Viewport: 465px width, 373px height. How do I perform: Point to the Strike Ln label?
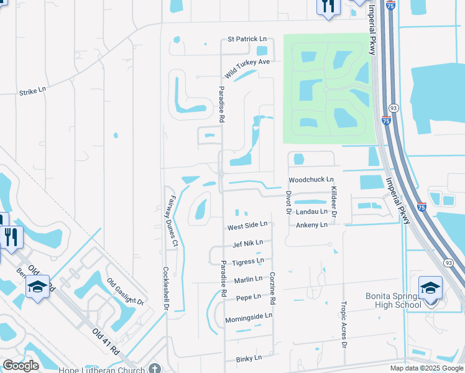pyautogui.click(x=32, y=90)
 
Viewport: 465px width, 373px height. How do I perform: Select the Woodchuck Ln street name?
pyautogui.click(x=311, y=180)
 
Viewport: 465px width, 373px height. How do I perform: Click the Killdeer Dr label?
pyautogui.click(x=334, y=201)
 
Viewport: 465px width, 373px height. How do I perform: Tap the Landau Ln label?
pyautogui.click(x=311, y=211)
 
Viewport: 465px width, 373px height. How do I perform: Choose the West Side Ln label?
pyautogui.click(x=247, y=225)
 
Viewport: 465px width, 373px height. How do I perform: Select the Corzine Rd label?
pyautogui.click(x=273, y=288)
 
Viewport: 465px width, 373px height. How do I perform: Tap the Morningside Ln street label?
pyautogui.click(x=249, y=316)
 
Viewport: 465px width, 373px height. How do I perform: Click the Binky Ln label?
pyautogui.click(x=249, y=359)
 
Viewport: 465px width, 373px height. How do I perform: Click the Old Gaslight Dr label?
pyautogui.click(x=125, y=293)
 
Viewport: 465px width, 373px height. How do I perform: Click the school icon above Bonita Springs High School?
pyautogui.click(x=430, y=287)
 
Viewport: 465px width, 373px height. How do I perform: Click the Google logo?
pyautogui.click(x=21, y=366)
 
